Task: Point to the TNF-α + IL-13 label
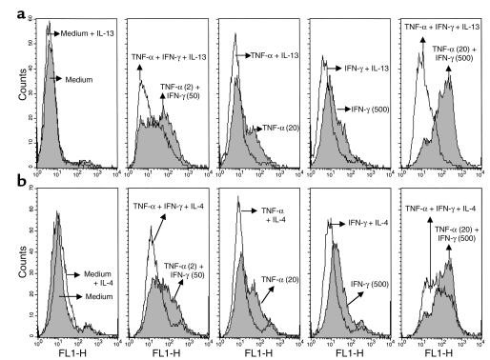click(277, 57)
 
